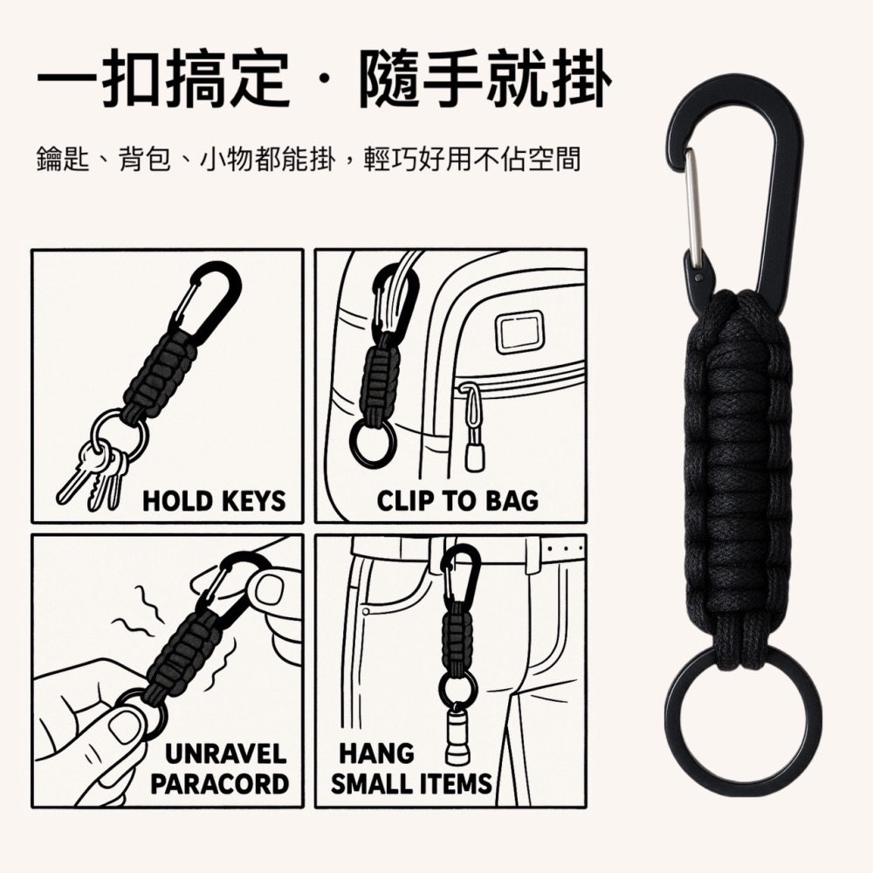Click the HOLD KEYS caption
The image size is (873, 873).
click(215, 500)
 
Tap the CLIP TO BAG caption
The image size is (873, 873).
click(457, 500)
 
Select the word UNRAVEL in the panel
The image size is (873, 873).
click(226, 754)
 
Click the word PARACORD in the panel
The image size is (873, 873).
click(219, 784)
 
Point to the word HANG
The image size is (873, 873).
click(377, 754)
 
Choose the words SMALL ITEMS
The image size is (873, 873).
click(411, 784)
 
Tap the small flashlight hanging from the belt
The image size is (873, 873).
click(457, 734)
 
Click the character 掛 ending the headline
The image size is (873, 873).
click(581, 78)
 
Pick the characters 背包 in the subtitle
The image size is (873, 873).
click(145, 159)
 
